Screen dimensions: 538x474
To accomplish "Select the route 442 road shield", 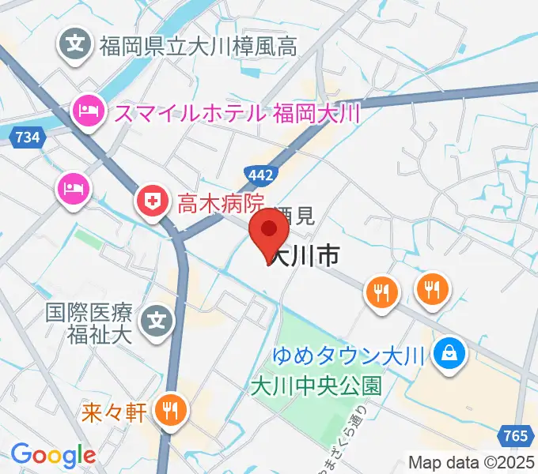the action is (260, 175).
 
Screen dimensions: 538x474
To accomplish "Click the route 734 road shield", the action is (28, 137).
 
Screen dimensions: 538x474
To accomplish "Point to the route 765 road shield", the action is (515, 435).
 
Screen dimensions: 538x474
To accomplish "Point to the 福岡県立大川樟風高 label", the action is (198, 47).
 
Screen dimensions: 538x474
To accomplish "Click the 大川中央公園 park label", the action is (316, 386).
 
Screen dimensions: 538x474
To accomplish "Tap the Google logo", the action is (53, 455).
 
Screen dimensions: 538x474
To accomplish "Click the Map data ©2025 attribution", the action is (472, 461).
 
